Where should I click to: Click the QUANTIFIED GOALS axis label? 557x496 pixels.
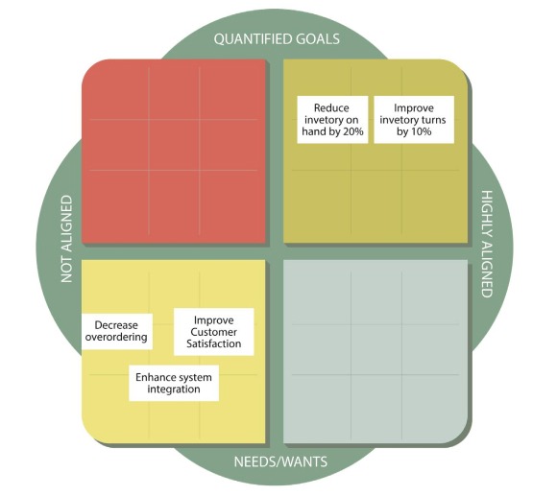[277, 38]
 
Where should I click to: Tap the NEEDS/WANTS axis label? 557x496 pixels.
[280, 461]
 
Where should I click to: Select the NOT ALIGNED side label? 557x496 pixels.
[66, 239]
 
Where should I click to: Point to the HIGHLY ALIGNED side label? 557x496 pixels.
[488, 244]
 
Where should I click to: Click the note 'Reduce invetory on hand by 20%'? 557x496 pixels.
[332, 120]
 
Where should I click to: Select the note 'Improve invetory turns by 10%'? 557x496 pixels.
[414, 120]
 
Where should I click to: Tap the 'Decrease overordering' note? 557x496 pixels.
[117, 331]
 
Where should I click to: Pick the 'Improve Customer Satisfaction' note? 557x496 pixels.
[214, 332]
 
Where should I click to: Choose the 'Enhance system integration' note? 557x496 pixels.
[174, 383]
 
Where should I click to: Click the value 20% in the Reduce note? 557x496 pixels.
[353, 131]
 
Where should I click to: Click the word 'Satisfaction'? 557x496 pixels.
[214, 343]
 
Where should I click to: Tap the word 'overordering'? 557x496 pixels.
[116, 337]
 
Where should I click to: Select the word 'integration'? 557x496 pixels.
[174, 390]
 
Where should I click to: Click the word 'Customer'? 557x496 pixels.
[213, 332]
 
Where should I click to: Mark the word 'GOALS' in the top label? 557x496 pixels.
[318, 38]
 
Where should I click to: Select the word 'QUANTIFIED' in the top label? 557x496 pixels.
[253, 38]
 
